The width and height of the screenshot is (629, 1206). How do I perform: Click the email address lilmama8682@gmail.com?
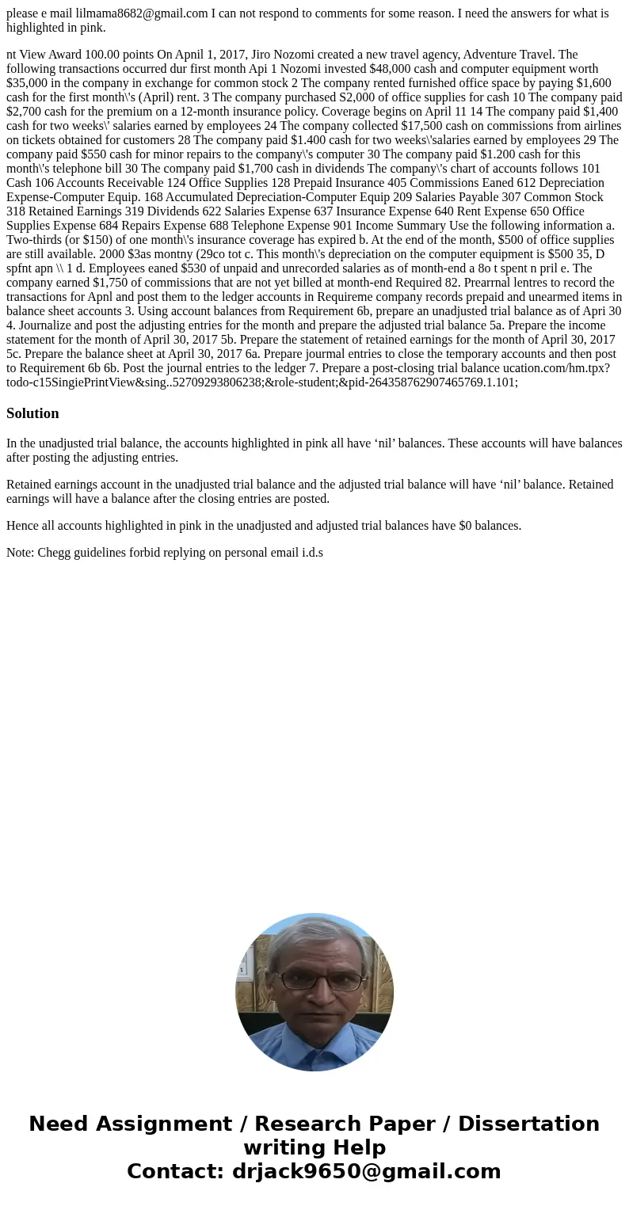coord(142,13)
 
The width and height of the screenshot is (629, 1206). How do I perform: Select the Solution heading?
coord(32,413)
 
